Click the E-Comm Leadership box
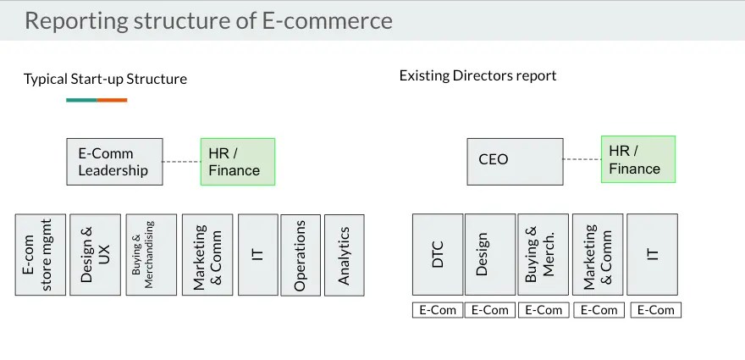tap(114, 162)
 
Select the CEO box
tap(515, 161)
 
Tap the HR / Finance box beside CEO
tap(637, 159)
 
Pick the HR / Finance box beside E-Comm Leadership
tap(238, 162)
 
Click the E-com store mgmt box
tap(40, 255)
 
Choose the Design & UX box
tap(95, 255)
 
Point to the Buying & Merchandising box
tap(151, 255)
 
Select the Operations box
tap(301, 255)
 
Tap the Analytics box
tap(344, 255)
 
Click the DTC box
tap(438, 254)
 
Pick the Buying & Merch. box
tap(543, 254)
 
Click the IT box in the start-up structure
tap(258, 255)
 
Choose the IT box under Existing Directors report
tap(652, 254)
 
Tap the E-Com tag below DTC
tap(438, 310)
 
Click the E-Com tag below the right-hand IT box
tap(656, 310)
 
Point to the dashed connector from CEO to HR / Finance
tap(582, 159)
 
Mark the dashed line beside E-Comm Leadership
tap(181, 162)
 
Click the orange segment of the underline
tap(112, 100)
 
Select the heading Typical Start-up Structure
tap(105, 80)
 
